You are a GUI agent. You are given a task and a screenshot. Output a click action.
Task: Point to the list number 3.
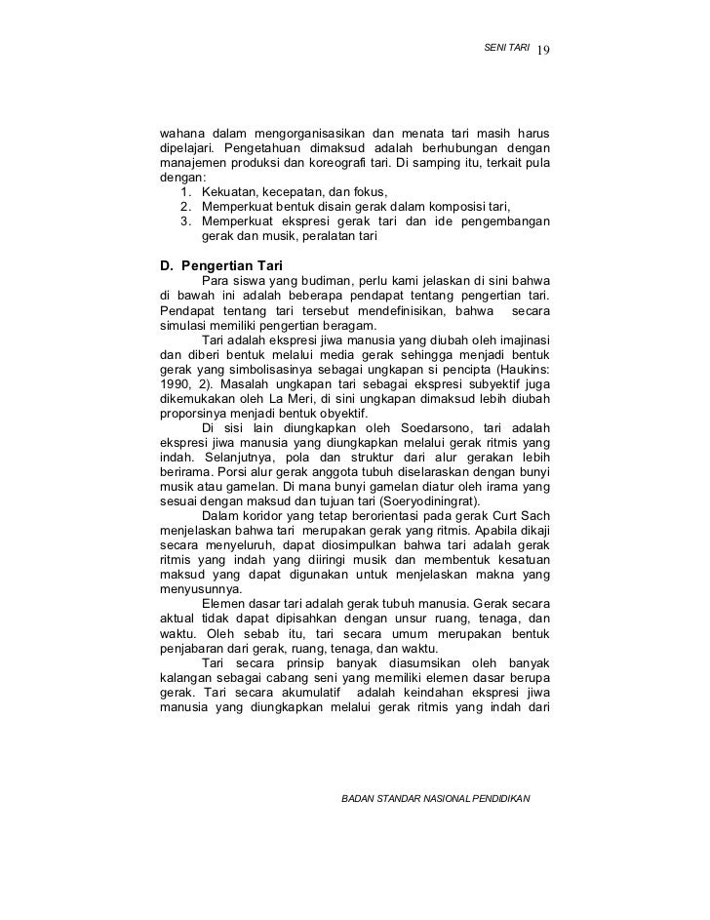click(x=186, y=220)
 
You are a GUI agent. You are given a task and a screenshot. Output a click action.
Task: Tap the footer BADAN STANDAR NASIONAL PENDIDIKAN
click(x=435, y=798)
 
